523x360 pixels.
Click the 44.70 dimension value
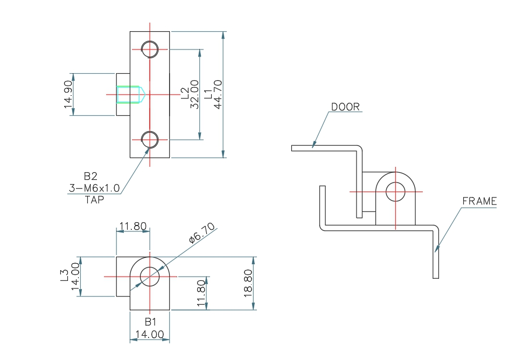[219, 94]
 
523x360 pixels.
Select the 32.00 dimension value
[194, 94]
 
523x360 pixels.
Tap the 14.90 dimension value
[68, 94]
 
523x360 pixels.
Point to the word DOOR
[345, 107]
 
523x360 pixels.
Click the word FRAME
[479, 201]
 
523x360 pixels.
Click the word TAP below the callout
[94, 199]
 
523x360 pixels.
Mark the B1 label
[150, 322]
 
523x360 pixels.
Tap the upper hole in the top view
[150, 49]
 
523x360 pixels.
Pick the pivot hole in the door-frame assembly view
[395, 191]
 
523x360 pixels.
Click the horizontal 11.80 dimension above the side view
[133, 227]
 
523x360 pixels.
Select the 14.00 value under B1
[150, 334]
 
